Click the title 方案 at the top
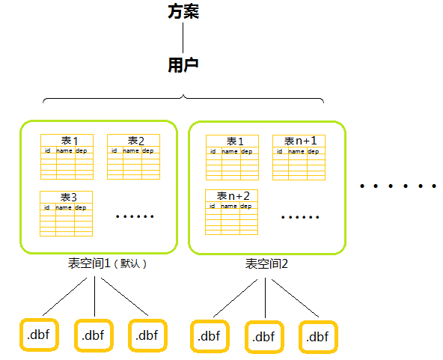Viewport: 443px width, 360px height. point(183,13)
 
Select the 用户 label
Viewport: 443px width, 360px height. point(183,66)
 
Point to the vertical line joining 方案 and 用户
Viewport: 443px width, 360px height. point(183,39)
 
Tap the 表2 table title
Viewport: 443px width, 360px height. point(135,141)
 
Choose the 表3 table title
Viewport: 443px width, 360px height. point(68,198)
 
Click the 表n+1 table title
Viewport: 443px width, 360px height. point(299,141)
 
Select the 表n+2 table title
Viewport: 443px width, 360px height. point(233,196)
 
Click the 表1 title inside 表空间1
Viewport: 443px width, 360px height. point(69,141)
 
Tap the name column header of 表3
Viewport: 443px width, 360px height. point(64,207)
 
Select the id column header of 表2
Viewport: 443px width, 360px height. point(114,150)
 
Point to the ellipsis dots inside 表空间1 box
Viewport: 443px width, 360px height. point(135,217)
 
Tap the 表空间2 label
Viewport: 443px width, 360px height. point(266,264)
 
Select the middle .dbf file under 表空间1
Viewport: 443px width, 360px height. point(93,335)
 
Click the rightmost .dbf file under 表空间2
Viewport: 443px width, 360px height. point(318,337)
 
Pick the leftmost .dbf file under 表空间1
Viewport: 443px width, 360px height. point(38,335)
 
